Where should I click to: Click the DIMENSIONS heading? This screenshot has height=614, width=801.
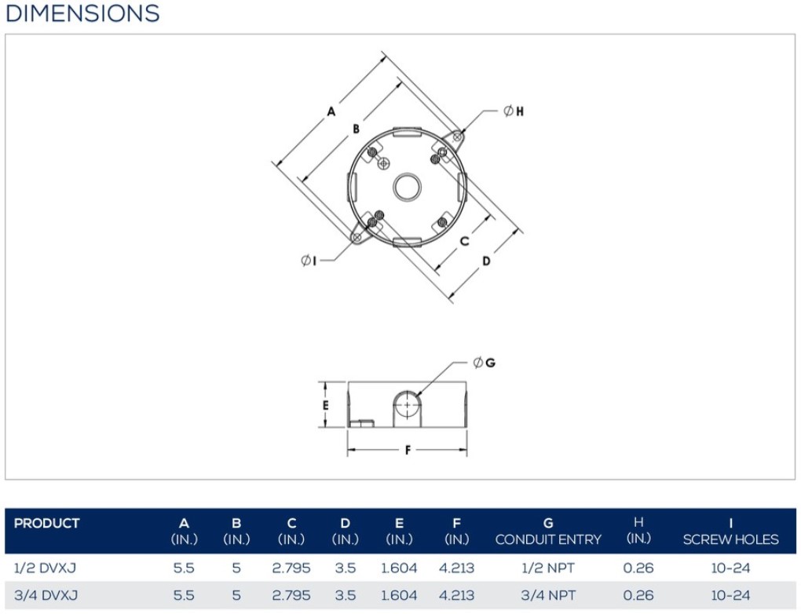(x=82, y=13)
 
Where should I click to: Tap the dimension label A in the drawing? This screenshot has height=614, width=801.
(x=331, y=111)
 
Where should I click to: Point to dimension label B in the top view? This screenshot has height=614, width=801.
(x=356, y=129)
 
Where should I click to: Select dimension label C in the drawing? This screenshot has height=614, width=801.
(x=464, y=241)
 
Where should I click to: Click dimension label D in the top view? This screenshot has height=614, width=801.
(x=486, y=261)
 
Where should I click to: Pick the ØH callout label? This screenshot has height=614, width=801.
(x=514, y=111)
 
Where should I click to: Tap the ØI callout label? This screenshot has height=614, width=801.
(x=309, y=261)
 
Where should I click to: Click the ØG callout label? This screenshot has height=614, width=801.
(x=485, y=363)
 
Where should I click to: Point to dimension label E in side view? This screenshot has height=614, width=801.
(x=325, y=406)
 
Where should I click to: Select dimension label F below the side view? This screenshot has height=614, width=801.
(x=408, y=450)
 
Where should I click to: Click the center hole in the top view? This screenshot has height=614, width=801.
(x=407, y=186)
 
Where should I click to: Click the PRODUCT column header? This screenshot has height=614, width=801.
(x=46, y=524)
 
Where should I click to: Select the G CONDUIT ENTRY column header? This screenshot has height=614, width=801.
(x=548, y=532)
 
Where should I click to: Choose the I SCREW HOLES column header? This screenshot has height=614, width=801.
(x=730, y=532)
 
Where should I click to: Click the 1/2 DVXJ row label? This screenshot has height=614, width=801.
(x=45, y=568)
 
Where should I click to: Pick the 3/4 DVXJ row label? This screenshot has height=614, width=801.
(x=46, y=595)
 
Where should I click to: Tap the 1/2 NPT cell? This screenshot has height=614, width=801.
(x=548, y=568)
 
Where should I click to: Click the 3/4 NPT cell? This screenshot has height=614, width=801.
(x=548, y=595)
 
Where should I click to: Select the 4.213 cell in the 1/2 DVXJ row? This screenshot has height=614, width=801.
(x=457, y=568)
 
